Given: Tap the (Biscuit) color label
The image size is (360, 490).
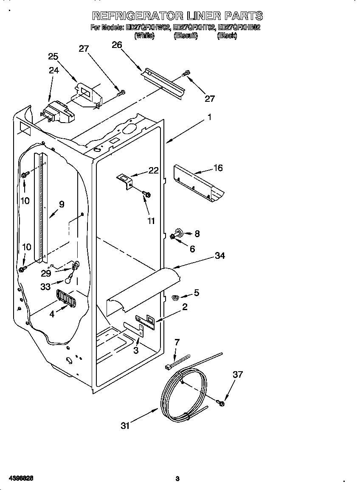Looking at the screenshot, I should point(186,36).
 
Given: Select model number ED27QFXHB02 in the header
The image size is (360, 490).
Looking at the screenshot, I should point(239,28).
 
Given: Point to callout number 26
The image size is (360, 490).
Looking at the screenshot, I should point(117,45).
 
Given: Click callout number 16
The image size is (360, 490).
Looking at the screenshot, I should point(218,168).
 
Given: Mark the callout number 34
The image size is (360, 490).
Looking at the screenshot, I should point(219,256).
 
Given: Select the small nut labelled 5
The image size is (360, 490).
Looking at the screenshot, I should point(174,297).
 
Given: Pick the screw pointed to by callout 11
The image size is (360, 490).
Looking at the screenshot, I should point(147,194).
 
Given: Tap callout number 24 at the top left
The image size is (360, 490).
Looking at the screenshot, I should point(53,70).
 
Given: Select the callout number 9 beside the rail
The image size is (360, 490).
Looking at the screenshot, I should point(62,204).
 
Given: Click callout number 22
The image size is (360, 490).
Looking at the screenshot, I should point(153,171).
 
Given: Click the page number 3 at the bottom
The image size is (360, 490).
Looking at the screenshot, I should point(177,479).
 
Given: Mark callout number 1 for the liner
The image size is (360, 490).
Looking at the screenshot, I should point(209,118).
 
